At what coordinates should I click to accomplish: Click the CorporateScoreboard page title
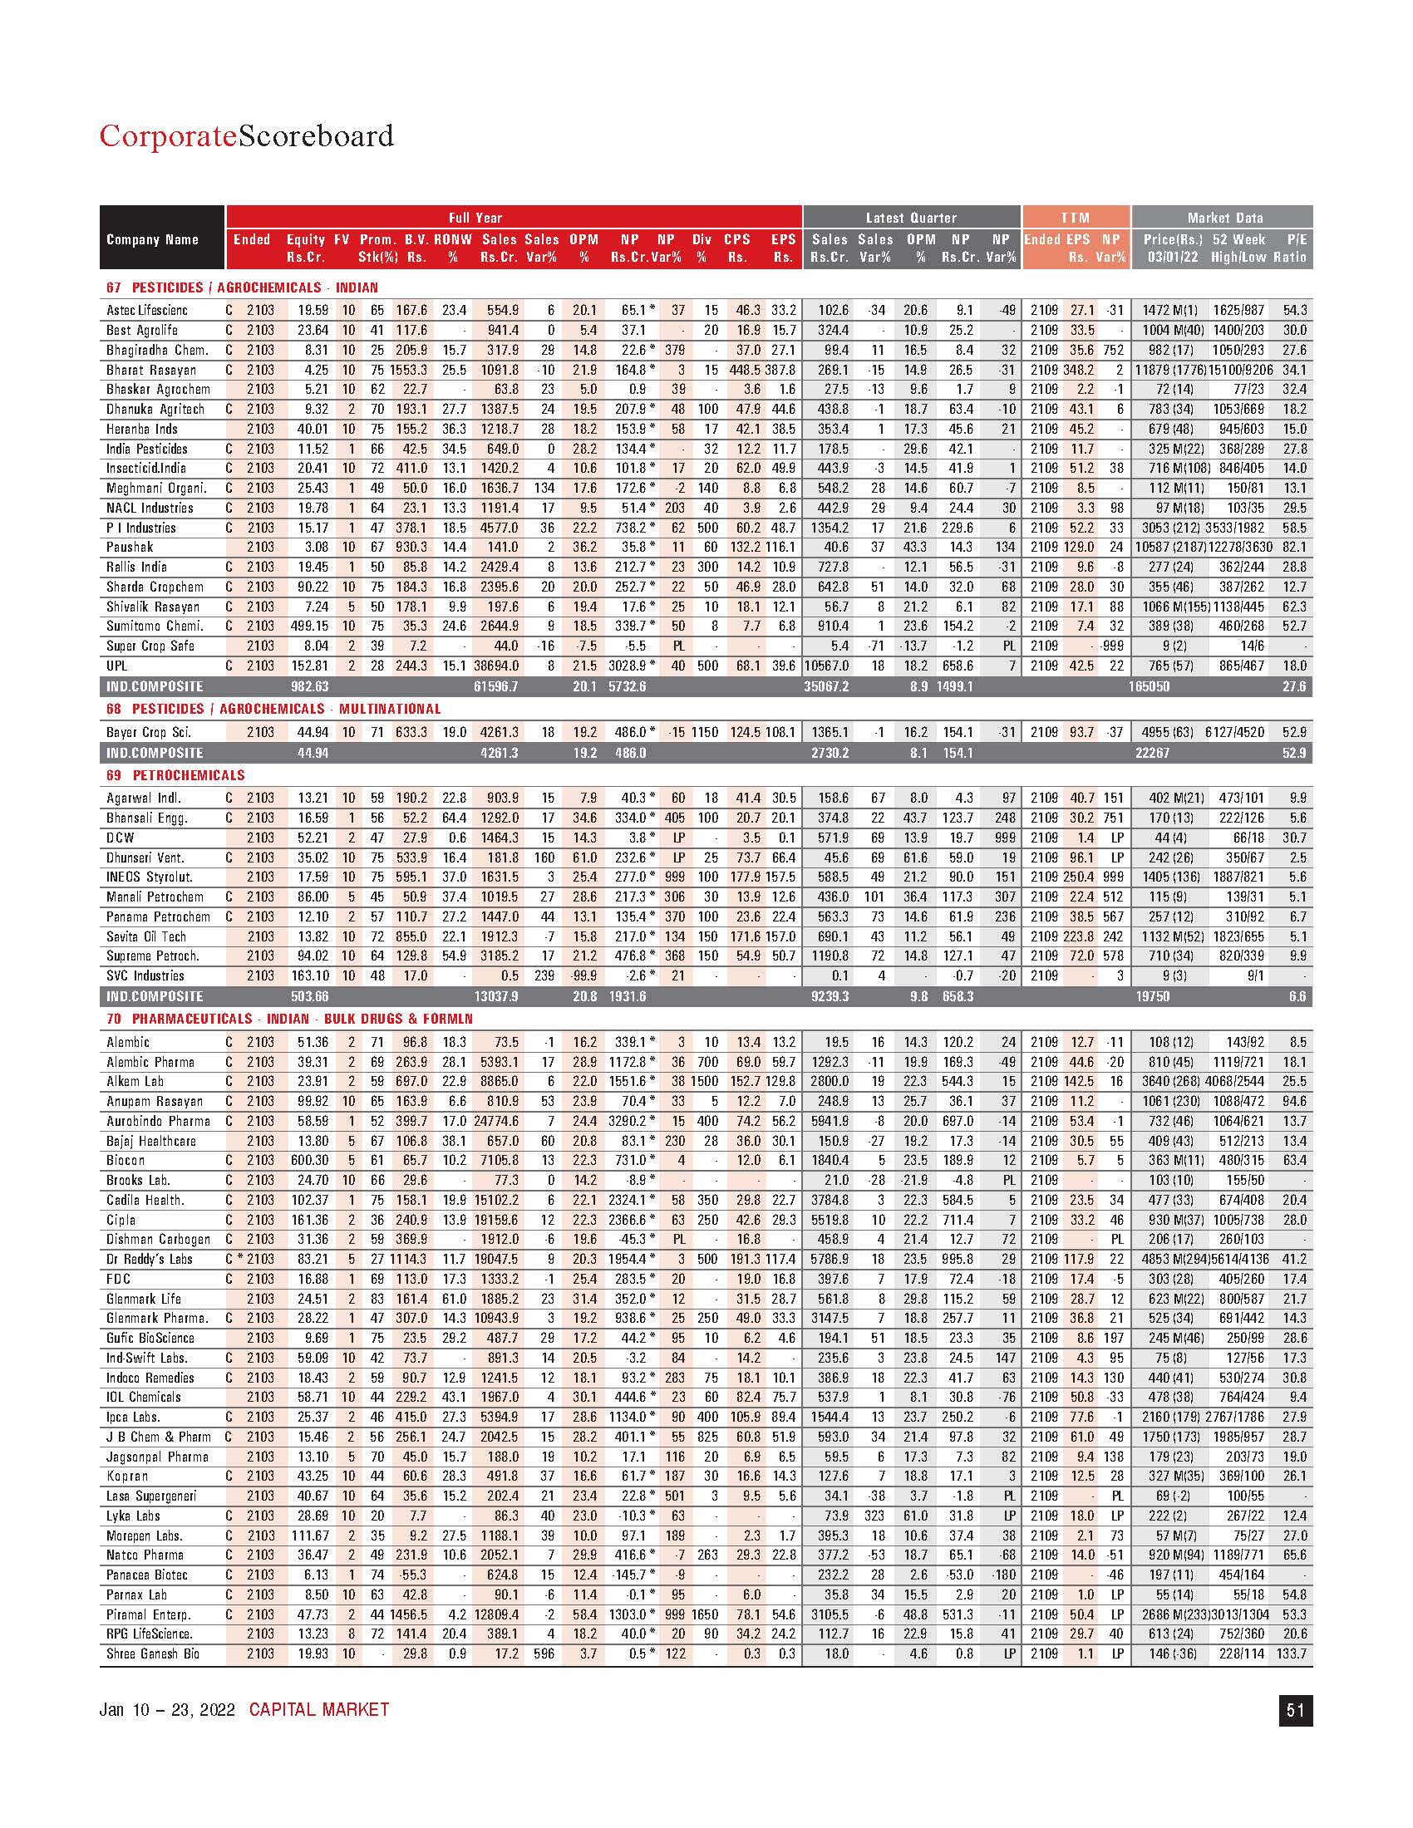(x=246, y=135)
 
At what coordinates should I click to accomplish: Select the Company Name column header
(x=152, y=239)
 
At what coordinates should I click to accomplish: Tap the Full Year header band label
(x=475, y=218)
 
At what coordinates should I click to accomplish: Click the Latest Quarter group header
(x=911, y=218)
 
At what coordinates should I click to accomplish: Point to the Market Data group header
(x=1224, y=218)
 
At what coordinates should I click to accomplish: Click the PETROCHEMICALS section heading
(x=189, y=775)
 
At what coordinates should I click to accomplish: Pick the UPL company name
(x=117, y=666)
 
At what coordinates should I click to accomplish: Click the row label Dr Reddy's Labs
(x=150, y=1259)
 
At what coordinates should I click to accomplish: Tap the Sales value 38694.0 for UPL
(x=496, y=666)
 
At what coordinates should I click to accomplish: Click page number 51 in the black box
(x=1295, y=1711)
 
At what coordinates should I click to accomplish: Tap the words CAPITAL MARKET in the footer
(x=319, y=1710)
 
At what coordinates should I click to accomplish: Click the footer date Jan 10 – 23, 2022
(x=166, y=1710)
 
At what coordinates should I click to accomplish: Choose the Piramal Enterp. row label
(x=148, y=1614)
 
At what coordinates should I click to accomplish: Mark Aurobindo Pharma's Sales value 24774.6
(x=496, y=1121)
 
